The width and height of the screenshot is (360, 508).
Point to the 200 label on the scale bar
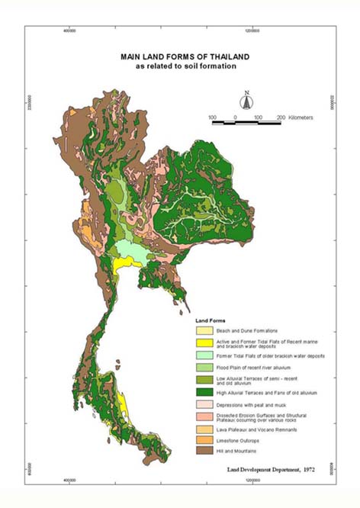coord(281,119)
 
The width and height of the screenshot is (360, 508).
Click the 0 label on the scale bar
coord(236,119)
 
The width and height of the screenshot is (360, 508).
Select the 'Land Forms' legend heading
coord(211,320)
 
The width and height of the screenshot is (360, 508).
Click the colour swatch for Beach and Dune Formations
coord(204,331)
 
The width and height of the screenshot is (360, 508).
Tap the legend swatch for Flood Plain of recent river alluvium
coord(204,368)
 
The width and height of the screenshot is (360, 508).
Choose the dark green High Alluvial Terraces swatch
coord(204,392)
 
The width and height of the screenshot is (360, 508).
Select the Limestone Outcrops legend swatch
coord(204,441)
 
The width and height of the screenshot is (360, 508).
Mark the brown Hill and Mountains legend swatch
coord(204,452)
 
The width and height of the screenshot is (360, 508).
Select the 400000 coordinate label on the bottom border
coord(70,481)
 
